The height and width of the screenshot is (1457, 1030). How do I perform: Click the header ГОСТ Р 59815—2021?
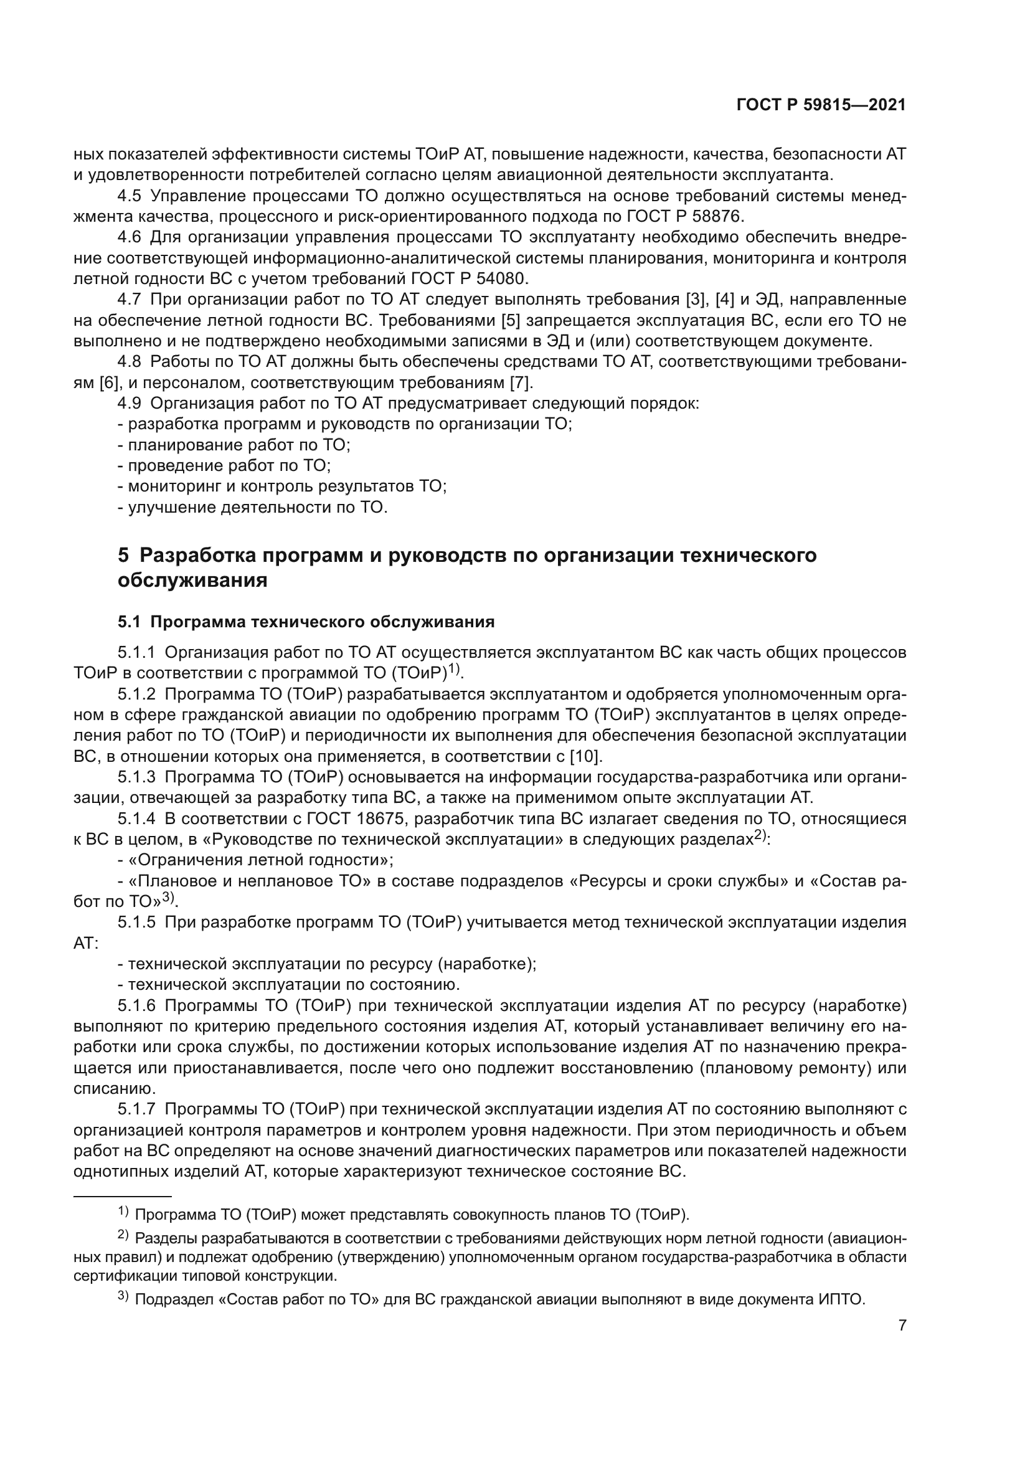821,105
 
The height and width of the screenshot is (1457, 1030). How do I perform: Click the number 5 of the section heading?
124,555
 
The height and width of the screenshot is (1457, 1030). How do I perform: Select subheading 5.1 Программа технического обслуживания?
306,622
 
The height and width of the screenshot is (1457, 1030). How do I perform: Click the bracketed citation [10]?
586,756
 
